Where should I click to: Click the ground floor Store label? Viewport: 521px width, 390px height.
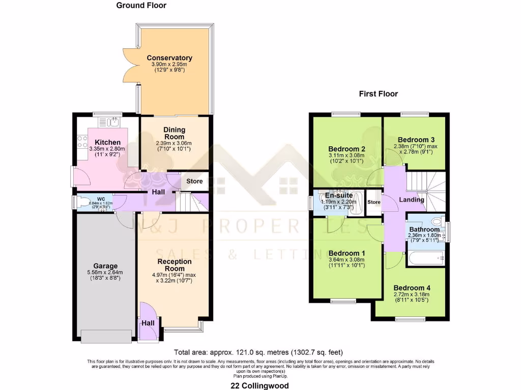click(x=194, y=181)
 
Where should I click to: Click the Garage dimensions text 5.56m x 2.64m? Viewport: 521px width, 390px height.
click(x=105, y=272)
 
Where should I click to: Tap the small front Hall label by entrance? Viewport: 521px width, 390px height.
click(x=148, y=322)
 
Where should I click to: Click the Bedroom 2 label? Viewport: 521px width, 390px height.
click(x=348, y=149)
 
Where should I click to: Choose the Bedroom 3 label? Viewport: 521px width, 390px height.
click(x=416, y=139)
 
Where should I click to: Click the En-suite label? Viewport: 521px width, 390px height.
click(x=339, y=195)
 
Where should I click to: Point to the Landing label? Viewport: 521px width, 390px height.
click(x=412, y=200)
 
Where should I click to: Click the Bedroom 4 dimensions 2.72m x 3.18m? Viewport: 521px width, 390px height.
click(x=412, y=294)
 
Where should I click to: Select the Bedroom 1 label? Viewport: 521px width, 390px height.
click(x=347, y=253)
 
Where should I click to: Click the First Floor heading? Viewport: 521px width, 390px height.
click(x=378, y=93)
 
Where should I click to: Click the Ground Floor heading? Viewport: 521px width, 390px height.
click(x=141, y=6)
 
